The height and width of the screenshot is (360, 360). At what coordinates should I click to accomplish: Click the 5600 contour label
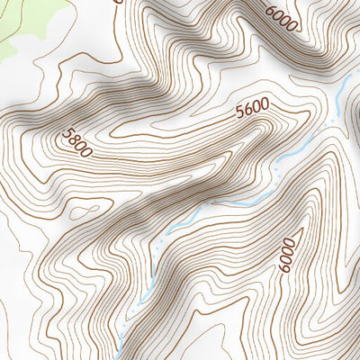tap(252, 111)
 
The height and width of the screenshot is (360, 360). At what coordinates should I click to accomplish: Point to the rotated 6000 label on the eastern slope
tap(287, 255)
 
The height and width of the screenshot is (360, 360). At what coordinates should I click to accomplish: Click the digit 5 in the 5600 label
tap(239, 114)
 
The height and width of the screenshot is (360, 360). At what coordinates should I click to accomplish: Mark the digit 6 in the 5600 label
tap(247, 112)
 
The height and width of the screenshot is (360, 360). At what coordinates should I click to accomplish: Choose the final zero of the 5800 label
tap(87, 152)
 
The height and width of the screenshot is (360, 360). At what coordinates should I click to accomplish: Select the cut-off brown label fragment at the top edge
tap(117, 2)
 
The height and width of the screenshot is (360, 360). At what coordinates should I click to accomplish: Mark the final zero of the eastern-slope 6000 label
tap(287, 242)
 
